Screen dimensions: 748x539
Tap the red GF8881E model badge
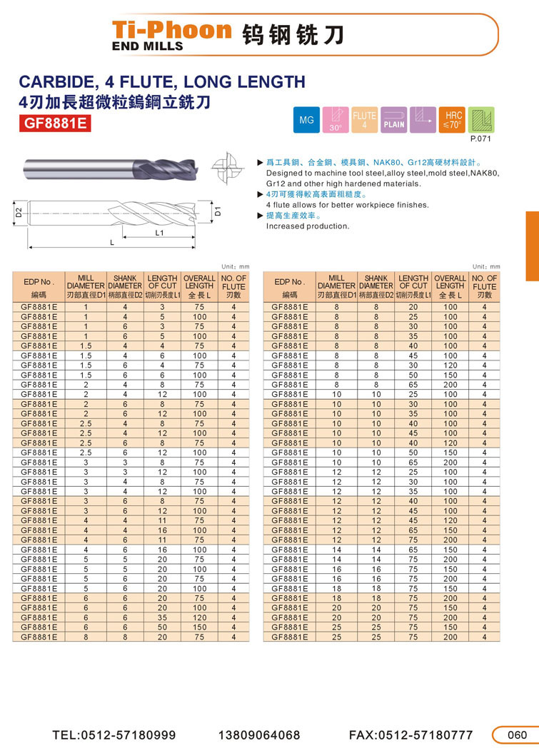[x=55, y=123]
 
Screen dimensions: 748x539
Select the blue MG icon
[x=307, y=121]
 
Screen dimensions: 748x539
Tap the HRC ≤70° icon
[x=453, y=119]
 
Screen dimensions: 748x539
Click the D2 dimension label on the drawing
[x=19, y=211]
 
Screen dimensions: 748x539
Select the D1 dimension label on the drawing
[x=218, y=211]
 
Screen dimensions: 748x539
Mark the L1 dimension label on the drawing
[x=160, y=233]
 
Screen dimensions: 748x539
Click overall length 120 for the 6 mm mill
[x=199, y=617]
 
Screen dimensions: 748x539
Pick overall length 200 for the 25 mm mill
[x=450, y=636]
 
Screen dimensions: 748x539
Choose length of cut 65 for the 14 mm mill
[x=413, y=549]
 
